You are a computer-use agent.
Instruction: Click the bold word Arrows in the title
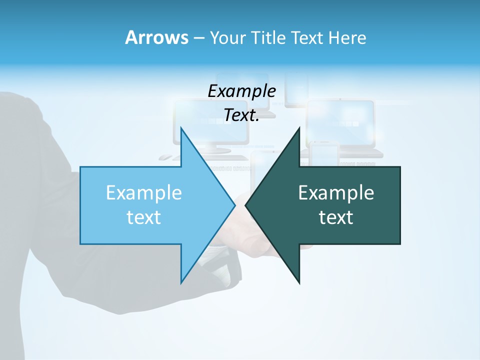point(156,37)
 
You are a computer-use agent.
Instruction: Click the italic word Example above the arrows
point(241,91)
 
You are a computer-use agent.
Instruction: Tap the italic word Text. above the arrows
point(241,115)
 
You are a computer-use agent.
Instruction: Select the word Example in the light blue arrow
point(144,192)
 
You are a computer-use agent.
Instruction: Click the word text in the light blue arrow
point(144,217)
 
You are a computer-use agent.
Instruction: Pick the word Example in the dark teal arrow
point(336,192)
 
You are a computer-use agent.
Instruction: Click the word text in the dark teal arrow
point(336,217)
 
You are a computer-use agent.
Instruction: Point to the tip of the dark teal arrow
point(246,205)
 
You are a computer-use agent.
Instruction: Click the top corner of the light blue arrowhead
point(181,128)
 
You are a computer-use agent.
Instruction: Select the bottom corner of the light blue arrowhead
point(181,282)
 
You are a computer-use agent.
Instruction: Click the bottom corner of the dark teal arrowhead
point(299,282)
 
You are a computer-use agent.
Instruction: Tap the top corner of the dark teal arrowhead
point(299,128)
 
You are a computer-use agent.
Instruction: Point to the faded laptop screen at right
point(340,122)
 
